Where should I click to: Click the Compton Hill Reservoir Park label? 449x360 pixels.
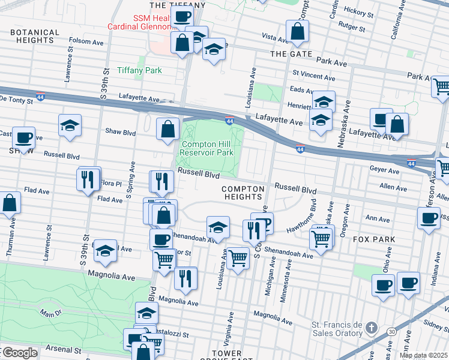point(207,148)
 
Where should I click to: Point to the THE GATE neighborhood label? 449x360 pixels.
point(291,54)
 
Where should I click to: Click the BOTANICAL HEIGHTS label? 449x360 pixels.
point(35,36)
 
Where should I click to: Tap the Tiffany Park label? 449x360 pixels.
point(139,70)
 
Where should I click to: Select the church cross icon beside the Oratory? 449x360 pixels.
point(372,328)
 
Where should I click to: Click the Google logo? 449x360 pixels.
point(19,353)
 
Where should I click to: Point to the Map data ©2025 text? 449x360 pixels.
point(423,355)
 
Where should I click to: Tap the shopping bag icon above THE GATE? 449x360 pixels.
point(297,31)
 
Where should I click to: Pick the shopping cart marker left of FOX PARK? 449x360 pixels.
point(321,239)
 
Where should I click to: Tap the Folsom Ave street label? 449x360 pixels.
point(86,41)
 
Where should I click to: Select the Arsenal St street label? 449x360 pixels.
point(65,349)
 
